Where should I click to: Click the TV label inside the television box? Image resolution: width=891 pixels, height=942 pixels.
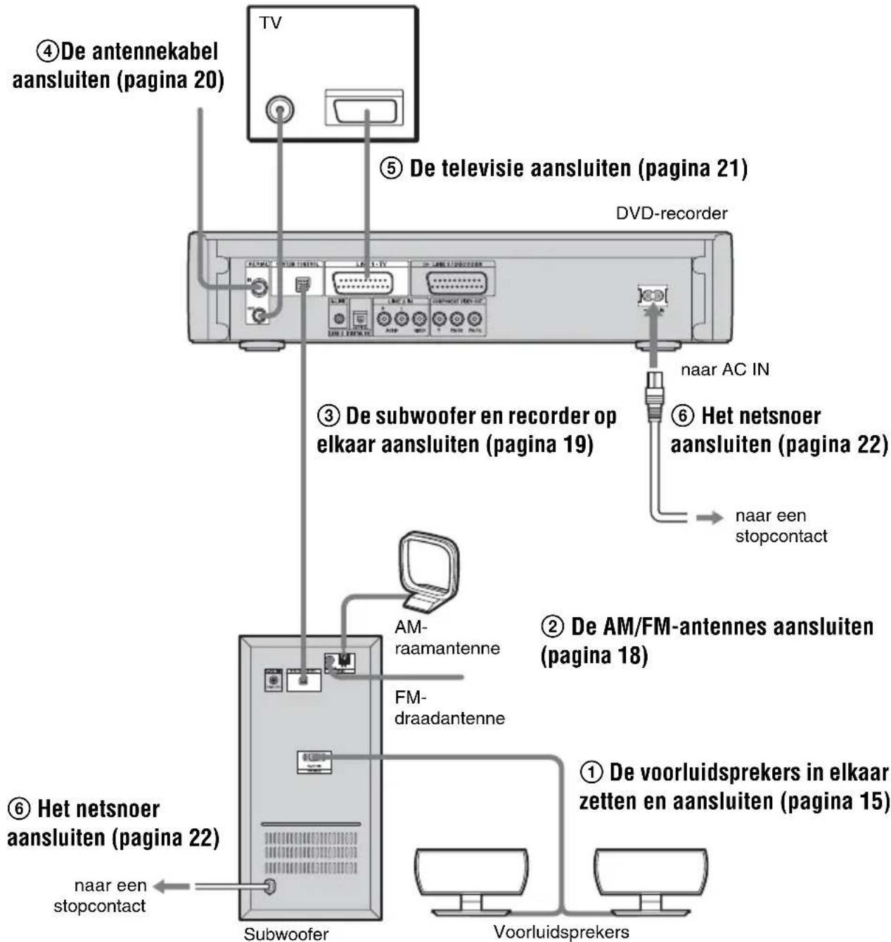271,23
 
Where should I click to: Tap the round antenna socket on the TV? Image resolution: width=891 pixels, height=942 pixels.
280,110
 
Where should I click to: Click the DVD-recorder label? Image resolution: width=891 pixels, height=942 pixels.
672,213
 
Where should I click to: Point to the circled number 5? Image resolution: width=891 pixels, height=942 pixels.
392,169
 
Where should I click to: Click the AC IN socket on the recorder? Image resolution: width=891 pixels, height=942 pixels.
652,295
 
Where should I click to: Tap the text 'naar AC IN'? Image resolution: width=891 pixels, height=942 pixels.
724,370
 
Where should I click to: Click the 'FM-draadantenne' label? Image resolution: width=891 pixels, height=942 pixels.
449,708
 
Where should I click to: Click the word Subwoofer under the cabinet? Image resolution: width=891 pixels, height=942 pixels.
286,934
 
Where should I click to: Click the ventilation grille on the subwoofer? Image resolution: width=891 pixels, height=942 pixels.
310,853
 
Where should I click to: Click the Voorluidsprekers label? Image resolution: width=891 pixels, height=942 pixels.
560,932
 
